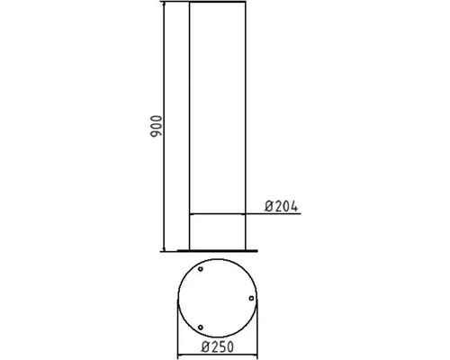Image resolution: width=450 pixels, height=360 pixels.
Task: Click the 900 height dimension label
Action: (155, 126)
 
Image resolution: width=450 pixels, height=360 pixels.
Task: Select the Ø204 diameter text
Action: (282, 206)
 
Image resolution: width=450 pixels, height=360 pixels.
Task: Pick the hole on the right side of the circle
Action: (251, 299)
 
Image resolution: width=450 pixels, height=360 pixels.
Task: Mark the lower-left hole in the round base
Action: (201, 326)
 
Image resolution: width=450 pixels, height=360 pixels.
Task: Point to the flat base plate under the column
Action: (218, 249)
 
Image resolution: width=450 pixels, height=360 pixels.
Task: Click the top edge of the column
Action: (218, 4)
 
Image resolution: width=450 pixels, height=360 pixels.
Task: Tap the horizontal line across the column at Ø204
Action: (218, 213)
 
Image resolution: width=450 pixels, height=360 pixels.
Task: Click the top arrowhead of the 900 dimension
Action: (163, 6)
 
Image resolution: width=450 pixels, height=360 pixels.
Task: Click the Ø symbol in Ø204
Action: (269, 206)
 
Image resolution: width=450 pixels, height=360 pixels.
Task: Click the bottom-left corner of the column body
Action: (189, 247)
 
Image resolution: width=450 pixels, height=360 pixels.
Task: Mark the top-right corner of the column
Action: (247, 4)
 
